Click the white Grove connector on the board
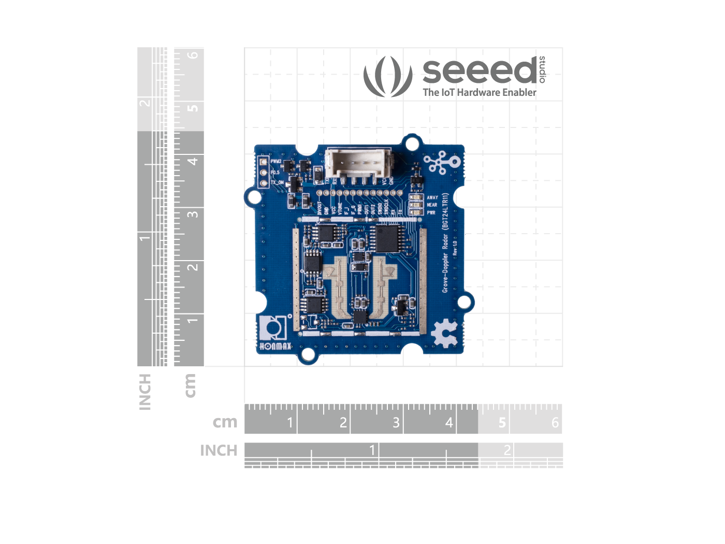click(x=357, y=163)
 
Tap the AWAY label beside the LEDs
click(x=432, y=197)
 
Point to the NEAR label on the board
click(x=432, y=205)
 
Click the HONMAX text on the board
click(x=275, y=346)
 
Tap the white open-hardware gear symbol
click(x=444, y=333)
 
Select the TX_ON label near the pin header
click(x=277, y=182)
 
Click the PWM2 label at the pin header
click(x=276, y=162)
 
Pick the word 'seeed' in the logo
click(x=480, y=71)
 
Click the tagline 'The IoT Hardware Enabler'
click(x=480, y=93)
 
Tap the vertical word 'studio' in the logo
click(x=542, y=69)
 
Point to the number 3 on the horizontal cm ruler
click(x=396, y=423)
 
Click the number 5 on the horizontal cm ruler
click(x=502, y=423)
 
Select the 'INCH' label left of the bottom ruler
click(x=219, y=451)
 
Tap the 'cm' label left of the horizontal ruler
click(x=225, y=422)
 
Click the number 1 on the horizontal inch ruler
click(x=372, y=450)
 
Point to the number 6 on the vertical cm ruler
click(x=193, y=55)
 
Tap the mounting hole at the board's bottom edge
click(x=308, y=354)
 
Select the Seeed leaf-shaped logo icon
click(x=388, y=76)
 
